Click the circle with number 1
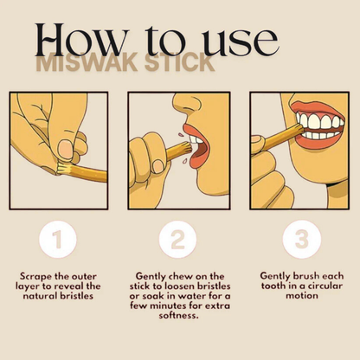click(x=59, y=240)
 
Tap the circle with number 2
click(x=179, y=240)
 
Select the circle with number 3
click(x=299, y=240)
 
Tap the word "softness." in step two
click(x=179, y=314)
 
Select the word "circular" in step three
click(x=313, y=286)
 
